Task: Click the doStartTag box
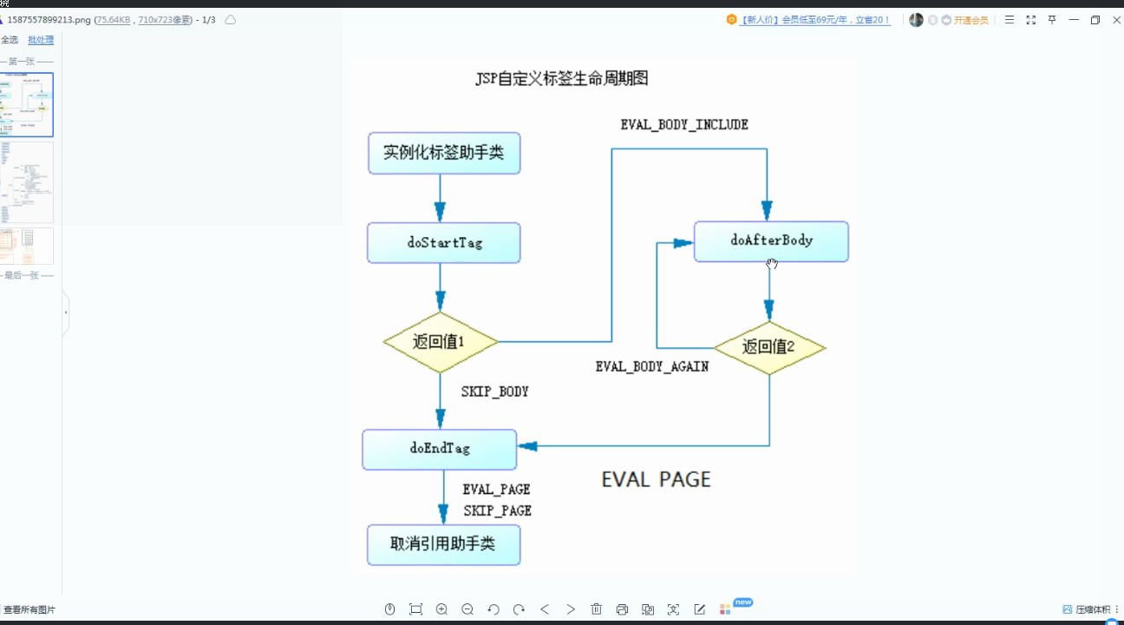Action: point(443,243)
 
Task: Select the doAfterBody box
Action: point(771,240)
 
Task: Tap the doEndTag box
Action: point(439,449)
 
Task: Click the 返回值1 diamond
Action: point(440,342)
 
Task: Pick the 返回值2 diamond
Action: point(768,347)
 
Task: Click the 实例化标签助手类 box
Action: point(443,154)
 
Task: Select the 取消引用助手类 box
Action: point(443,544)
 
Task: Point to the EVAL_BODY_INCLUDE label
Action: point(684,125)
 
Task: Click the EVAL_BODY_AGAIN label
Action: point(652,367)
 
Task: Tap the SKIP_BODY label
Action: point(494,392)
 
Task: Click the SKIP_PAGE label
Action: point(497,511)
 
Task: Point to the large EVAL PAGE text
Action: point(656,479)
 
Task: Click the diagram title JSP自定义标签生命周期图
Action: point(561,79)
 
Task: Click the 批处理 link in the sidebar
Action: point(41,40)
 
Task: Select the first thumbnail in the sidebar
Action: point(27,104)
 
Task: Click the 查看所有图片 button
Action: point(29,610)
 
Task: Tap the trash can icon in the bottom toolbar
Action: point(597,609)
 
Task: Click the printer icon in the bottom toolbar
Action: point(622,609)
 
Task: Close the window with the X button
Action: point(1116,20)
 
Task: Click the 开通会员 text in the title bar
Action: point(970,20)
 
